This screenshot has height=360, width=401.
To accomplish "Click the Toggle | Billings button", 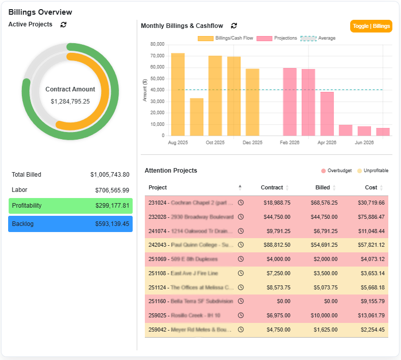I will click(x=371, y=26).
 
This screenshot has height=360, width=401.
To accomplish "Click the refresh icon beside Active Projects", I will click(x=64, y=24).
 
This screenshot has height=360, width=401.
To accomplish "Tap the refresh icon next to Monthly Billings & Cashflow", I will click(x=234, y=26).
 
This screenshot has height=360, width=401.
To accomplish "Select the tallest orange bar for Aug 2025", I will click(x=178, y=94).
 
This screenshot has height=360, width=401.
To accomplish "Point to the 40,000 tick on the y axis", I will click(x=156, y=90).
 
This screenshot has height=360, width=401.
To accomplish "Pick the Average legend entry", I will click(x=318, y=38).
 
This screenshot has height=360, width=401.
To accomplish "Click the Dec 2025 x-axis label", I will click(x=252, y=143).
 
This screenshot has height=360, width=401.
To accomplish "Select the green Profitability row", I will click(x=70, y=206).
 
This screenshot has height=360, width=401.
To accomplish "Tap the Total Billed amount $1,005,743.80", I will click(x=110, y=175).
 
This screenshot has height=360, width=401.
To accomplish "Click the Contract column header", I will click(x=272, y=187).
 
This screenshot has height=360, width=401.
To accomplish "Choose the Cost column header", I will click(x=371, y=187).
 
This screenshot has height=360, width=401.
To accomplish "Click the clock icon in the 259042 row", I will click(x=241, y=330).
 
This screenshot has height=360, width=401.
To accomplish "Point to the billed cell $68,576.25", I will click(x=323, y=203).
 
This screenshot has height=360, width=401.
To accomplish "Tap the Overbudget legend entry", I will click(x=336, y=171).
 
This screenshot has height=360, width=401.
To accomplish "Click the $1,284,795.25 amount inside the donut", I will click(x=70, y=102).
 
